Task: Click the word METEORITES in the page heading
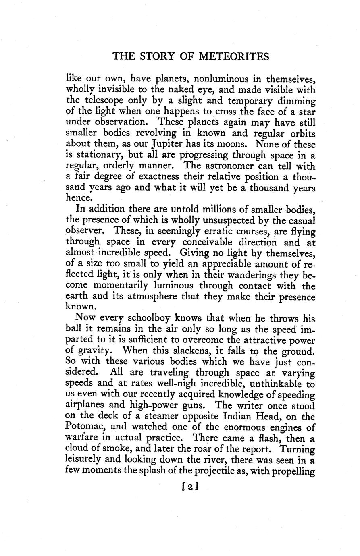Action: pyautogui.click(x=234, y=56)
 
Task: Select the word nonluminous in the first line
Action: pyautogui.click(x=220, y=78)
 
